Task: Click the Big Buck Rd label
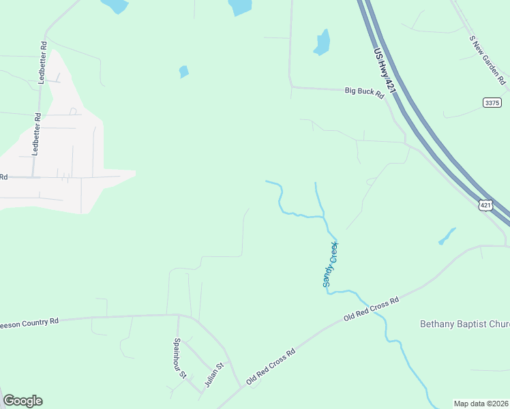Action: pyautogui.click(x=365, y=92)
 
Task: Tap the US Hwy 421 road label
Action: pyautogui.click(x=384, y=70)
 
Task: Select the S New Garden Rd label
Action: pyautogui.click(x=487, y=59)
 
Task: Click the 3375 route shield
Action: pyautogui.click(x=492, y=102)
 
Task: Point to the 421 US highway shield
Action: pyautogui.click(x=485, y=205)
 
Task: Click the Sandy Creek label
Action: pyautogui.click(x=330, y=264)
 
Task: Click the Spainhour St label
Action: pyautogui.click(x=179, y=358)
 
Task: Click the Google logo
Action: pyautogui.click(x=22, y=401)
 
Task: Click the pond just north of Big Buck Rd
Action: pyautogui.click(x=322, y=43)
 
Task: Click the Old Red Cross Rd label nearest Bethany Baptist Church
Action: pyautogui.click(x=371, y=308)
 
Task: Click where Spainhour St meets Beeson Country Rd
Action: pyautogui.click(x=178, y=316)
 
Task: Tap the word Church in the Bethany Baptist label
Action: pyautogui.click(x=495, y=324)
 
